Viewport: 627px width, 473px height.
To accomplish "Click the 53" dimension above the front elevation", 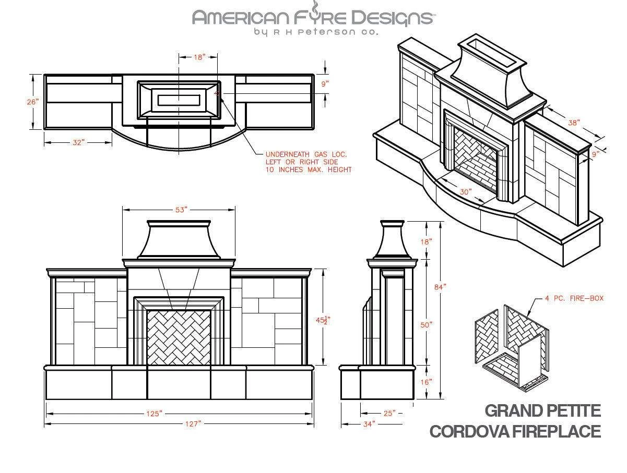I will pyautogui.click(x=181, y=210).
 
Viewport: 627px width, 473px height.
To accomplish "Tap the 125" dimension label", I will pyautogui.click(x=154, y=414).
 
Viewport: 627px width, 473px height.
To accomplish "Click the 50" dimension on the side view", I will pyautogui.click(x=427, y=324).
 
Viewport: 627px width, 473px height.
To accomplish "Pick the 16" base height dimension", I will pyautogui.click(x=427, y=382).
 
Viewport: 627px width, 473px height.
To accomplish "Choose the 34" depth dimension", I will pyautogui.click(x=369, y=424).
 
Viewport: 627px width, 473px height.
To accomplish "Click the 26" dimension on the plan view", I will pyautogui.click(x=33, y=102).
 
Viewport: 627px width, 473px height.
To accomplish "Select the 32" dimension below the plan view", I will pyautogui.click(x=78, y=142).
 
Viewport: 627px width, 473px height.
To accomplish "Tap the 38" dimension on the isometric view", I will pyautogui.click(x=574, y=124).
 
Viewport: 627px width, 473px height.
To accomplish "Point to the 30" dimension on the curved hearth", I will pyautogui.click(x=466, y=192).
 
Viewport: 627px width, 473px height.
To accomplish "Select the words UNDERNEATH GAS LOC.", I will pyautogui.click(x=306, y=154).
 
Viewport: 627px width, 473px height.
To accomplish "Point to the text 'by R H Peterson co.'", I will pyautogui.click(x=316, y=32).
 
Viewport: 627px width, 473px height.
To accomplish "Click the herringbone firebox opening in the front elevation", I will pyautogui.click(x=179, y=337).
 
